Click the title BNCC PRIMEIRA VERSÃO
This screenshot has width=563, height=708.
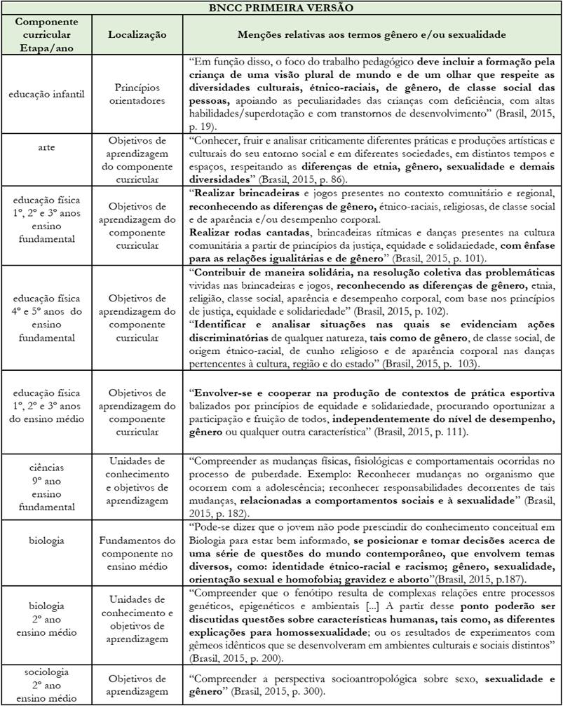coord(280,8)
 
